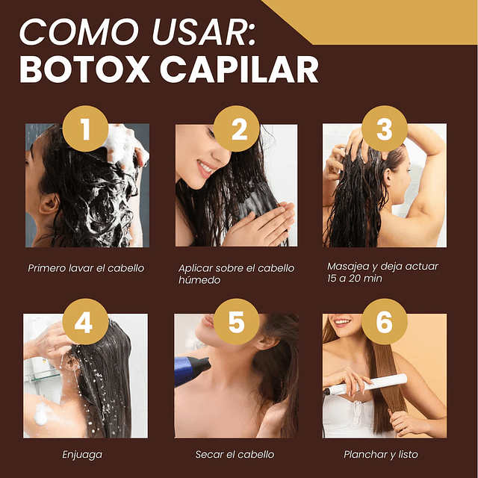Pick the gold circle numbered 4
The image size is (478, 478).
coord(84,323)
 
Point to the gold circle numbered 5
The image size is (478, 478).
coord(236,323)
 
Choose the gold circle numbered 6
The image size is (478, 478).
coord(385,323)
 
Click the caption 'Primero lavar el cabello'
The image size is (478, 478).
coord(86,268)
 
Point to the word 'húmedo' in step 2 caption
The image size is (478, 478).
coord(199,280)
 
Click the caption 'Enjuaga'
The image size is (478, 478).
coord(82,454)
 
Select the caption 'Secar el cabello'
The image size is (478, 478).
coord(235,454)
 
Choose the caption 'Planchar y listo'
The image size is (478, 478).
coord(380,454)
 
